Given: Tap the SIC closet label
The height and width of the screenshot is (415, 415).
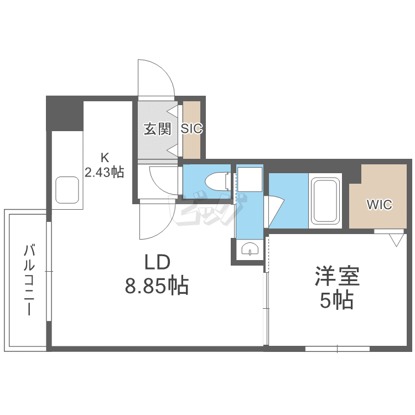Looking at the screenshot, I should [x=192, y=129].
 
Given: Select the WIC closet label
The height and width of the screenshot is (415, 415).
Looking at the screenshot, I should [x=380, y=204].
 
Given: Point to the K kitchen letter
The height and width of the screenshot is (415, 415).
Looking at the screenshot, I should [x=104, y=156].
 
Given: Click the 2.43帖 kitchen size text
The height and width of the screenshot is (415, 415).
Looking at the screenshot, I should [x=104, y=172].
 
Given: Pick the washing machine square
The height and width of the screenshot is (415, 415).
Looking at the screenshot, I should [x=250, y=180].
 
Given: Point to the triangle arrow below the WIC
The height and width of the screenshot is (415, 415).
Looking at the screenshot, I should [x=396, y=240].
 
